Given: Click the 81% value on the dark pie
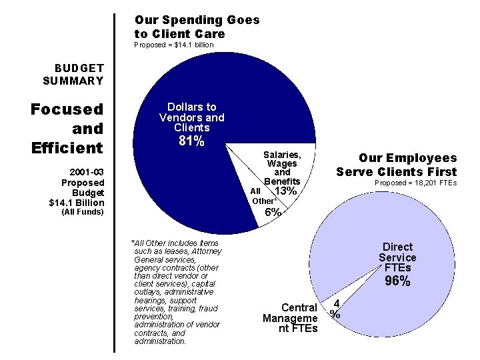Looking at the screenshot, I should click(191, 141).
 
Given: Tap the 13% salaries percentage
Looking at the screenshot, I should click(285, 191).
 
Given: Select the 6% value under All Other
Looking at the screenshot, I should click(272, 212).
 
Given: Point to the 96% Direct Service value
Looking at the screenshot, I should click(397, 281).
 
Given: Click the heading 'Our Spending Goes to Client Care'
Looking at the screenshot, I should click(197, 27).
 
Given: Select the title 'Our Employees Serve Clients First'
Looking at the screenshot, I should click(397, 165).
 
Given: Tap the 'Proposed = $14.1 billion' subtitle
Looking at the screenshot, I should click(174, 45).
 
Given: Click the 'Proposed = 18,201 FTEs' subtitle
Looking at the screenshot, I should click(415, 183).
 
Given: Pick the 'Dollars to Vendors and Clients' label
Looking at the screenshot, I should click(191, 117).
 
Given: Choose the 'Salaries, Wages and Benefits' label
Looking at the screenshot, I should click(282, 167).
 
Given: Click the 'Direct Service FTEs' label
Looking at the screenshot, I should click(397, 257).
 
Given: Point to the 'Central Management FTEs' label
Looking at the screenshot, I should click(290, 318).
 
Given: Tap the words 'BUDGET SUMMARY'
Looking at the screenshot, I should click(73, 74).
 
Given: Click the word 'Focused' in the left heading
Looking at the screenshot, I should click(67, 109).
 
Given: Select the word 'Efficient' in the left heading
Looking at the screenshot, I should click(67, 147).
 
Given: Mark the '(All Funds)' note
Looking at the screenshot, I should click(82, 212).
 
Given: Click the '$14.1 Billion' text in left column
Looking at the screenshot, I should click(77, 202).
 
